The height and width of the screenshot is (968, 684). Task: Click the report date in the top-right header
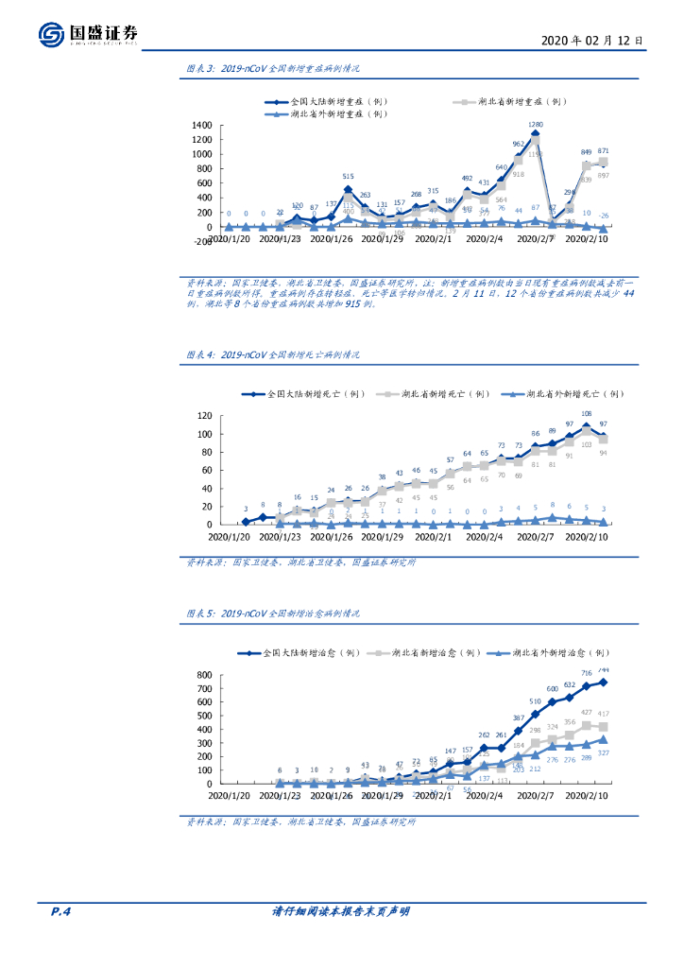tap(593, 41)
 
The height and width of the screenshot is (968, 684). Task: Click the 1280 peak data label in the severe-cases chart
tap(535, 125)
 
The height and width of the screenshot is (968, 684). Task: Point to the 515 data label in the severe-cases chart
tap(348, 177)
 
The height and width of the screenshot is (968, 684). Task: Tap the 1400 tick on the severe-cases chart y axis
tap(202, 126)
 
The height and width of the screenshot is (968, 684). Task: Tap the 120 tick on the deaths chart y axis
tap(203, 416)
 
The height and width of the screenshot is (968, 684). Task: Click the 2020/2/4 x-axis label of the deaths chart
tap(483, 537)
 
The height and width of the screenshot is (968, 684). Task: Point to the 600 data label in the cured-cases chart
tap(552, 689)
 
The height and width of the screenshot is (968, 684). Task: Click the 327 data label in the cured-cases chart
tap(603, 752)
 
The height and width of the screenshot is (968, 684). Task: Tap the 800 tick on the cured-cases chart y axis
tap(203, 675)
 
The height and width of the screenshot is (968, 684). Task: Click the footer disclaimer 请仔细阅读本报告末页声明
tap(341, 911)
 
